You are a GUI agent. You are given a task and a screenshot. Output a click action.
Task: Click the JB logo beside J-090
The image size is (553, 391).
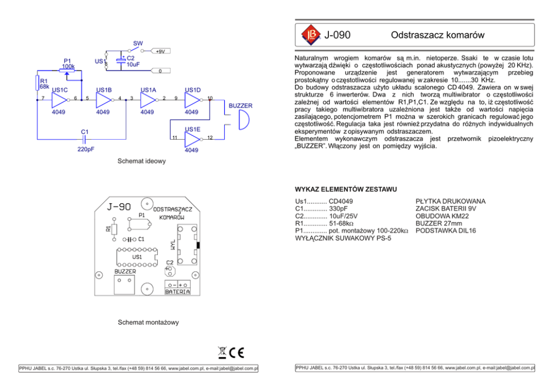(x=310, y=35)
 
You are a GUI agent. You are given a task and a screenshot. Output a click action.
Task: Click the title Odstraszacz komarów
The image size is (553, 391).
(x=437, y=35)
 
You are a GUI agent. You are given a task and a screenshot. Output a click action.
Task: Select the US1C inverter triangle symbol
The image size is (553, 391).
(x=59, y=100)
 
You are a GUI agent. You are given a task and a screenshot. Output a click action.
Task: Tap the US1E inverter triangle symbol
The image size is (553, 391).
(x=192, y=139)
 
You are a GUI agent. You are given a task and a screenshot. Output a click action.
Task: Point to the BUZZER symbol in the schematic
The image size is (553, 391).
(x=242, y=119)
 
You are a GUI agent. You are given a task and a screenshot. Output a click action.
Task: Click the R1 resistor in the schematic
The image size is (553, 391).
(x=37, y=84)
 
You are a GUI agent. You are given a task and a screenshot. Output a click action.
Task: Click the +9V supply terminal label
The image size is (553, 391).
(x=161, y=51)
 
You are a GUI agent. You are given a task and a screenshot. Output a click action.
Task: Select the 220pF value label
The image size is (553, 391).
(x=85, y=149)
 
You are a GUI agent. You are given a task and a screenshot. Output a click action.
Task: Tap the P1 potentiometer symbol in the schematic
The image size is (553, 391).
(x=67, y=71)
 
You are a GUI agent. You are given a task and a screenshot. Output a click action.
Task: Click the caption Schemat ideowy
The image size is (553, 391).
(x=142, y=161)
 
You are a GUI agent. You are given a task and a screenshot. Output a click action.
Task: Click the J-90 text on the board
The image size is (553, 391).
(x=120, y=206)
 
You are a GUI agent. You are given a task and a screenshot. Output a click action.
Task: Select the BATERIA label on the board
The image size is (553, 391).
(x=177, y=291)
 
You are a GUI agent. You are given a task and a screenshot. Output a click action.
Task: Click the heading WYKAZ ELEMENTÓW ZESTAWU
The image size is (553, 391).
(x=346, y=188)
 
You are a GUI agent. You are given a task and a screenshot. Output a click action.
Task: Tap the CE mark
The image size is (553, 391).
(x=237, y=351)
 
